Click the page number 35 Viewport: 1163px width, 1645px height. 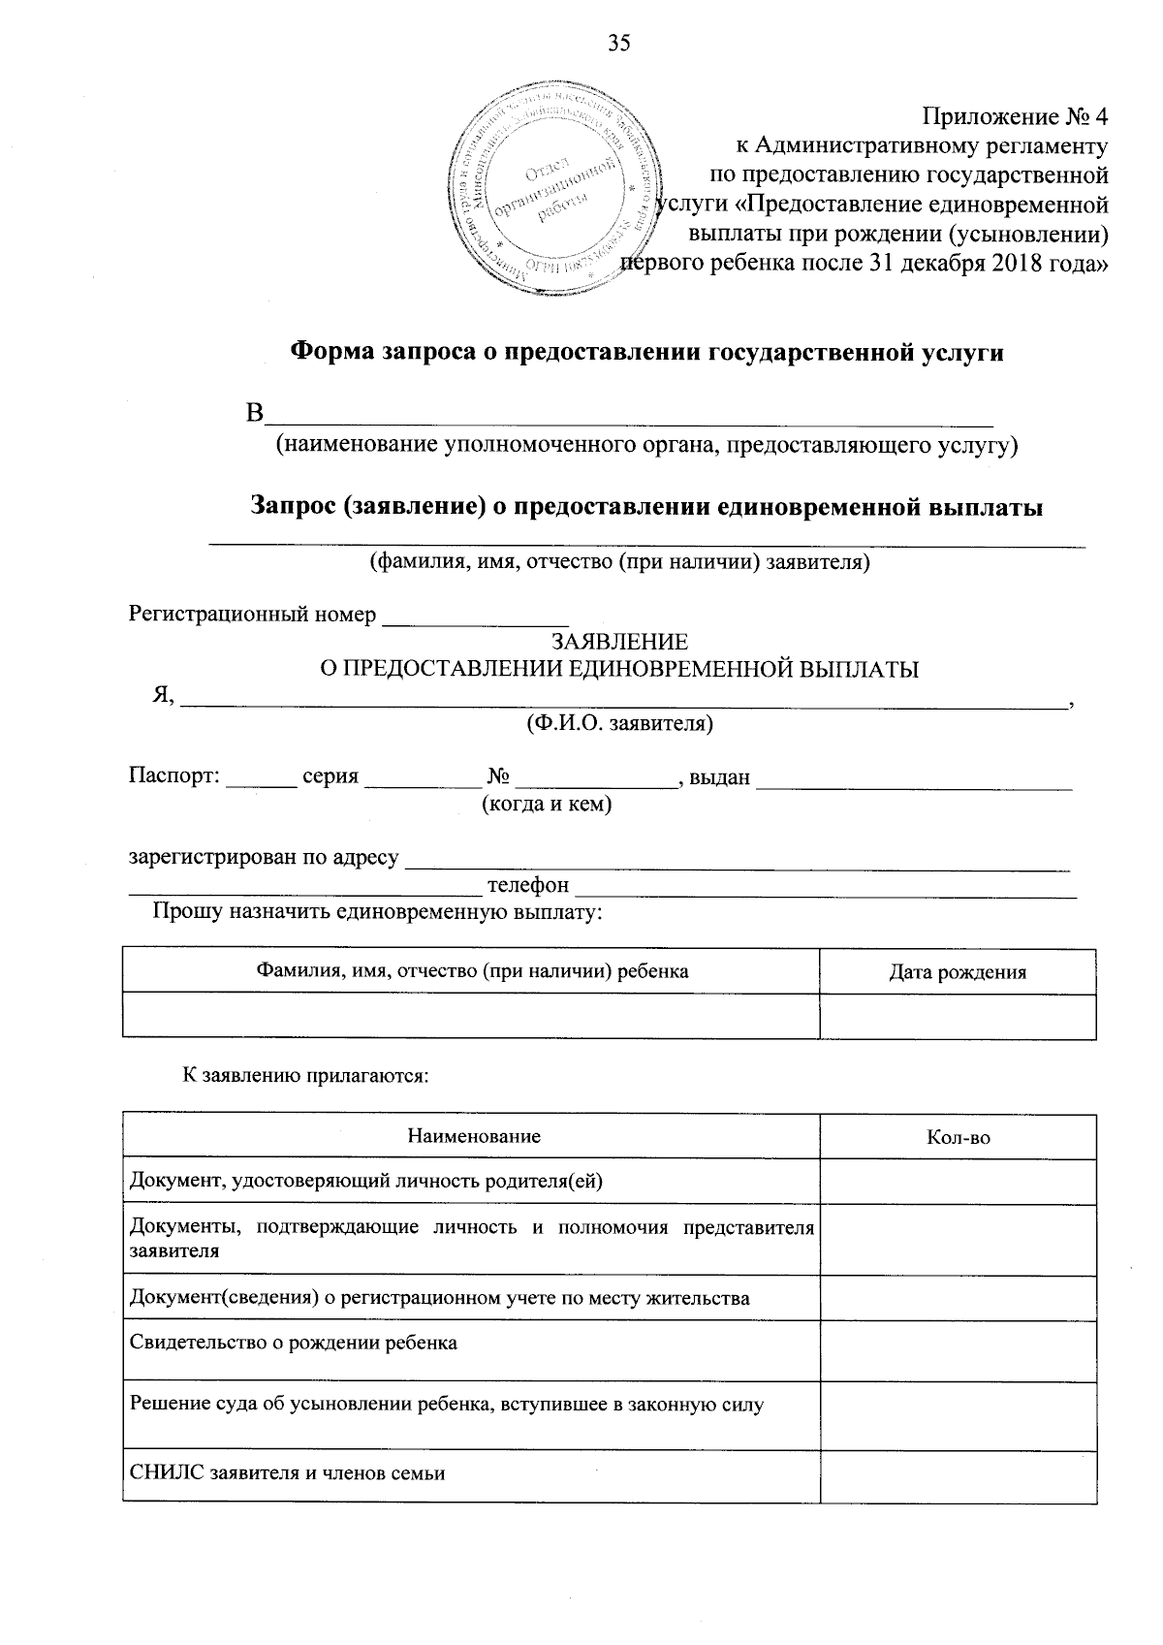pos(619,42)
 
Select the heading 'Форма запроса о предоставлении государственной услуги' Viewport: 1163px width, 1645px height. pos(647,353)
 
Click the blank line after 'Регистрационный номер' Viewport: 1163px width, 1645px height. pos(475,617)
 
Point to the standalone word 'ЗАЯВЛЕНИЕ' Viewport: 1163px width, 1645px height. pos(619,642)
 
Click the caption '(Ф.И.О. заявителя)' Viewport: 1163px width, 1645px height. pos(619,723)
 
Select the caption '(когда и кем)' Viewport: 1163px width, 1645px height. pos(548,805)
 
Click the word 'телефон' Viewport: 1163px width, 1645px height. pos(528,885)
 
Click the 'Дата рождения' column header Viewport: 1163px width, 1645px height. pos(958,972)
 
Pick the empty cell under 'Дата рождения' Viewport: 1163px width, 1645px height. pos(958,1016)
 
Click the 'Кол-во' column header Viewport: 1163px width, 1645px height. pos(958,1137)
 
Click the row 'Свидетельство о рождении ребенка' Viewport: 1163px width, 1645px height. pos(294,1343)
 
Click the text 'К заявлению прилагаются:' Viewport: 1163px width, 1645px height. pos(306,1075)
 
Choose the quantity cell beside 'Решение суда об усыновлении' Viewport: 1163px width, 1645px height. pos(958,1415)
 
